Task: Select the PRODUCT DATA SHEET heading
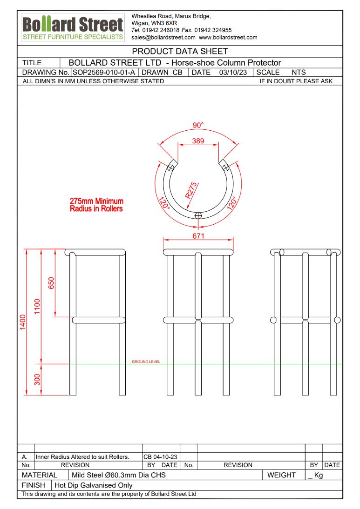point(180,51)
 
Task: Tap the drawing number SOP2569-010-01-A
point(104,72)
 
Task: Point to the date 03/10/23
point(232,72)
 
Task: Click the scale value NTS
point(299,72)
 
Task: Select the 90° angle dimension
point(198,125)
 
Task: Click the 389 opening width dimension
point(198,141)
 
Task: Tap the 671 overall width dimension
point(198,236)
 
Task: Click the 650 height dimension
point(51,283)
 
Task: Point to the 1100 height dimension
point(37,306)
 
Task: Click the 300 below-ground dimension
point(37,379)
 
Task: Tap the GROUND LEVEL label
point(146,362)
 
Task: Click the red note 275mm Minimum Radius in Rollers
point(96,205)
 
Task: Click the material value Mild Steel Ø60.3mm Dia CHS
point(119,475)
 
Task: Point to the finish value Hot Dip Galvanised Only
point(94,485)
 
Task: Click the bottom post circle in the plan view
point(198,215)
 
